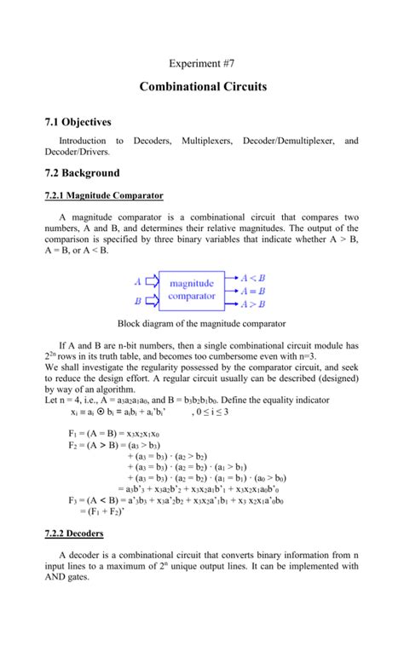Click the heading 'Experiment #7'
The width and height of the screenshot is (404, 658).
202,65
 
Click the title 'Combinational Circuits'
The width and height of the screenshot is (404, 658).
203,87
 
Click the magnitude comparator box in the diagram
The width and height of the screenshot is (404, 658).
192,290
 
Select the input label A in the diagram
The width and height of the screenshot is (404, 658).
138,280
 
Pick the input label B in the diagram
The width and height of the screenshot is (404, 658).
138,300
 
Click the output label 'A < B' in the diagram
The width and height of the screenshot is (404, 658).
252,278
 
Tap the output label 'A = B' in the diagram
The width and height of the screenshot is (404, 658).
252,291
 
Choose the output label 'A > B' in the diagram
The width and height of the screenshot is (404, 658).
252,303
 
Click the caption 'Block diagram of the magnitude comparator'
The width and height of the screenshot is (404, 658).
201,324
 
